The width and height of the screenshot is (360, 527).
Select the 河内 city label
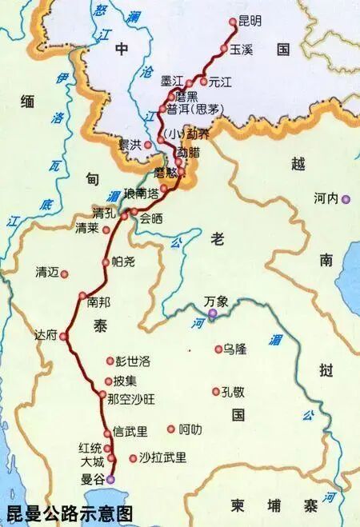click(x=327, y=198)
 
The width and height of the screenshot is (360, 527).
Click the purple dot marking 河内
click(x=346, y=200)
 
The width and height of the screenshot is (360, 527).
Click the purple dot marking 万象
click(x=214, y=315)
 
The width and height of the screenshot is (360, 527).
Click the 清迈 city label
click(x=48, y=272)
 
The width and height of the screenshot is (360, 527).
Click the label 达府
click(x=46, y=335)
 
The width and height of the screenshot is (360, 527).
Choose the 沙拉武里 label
click(x=162, y=457)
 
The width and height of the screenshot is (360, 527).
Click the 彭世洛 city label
click(x=133, y=361)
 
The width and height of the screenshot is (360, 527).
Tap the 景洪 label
click(x=130, y=145)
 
